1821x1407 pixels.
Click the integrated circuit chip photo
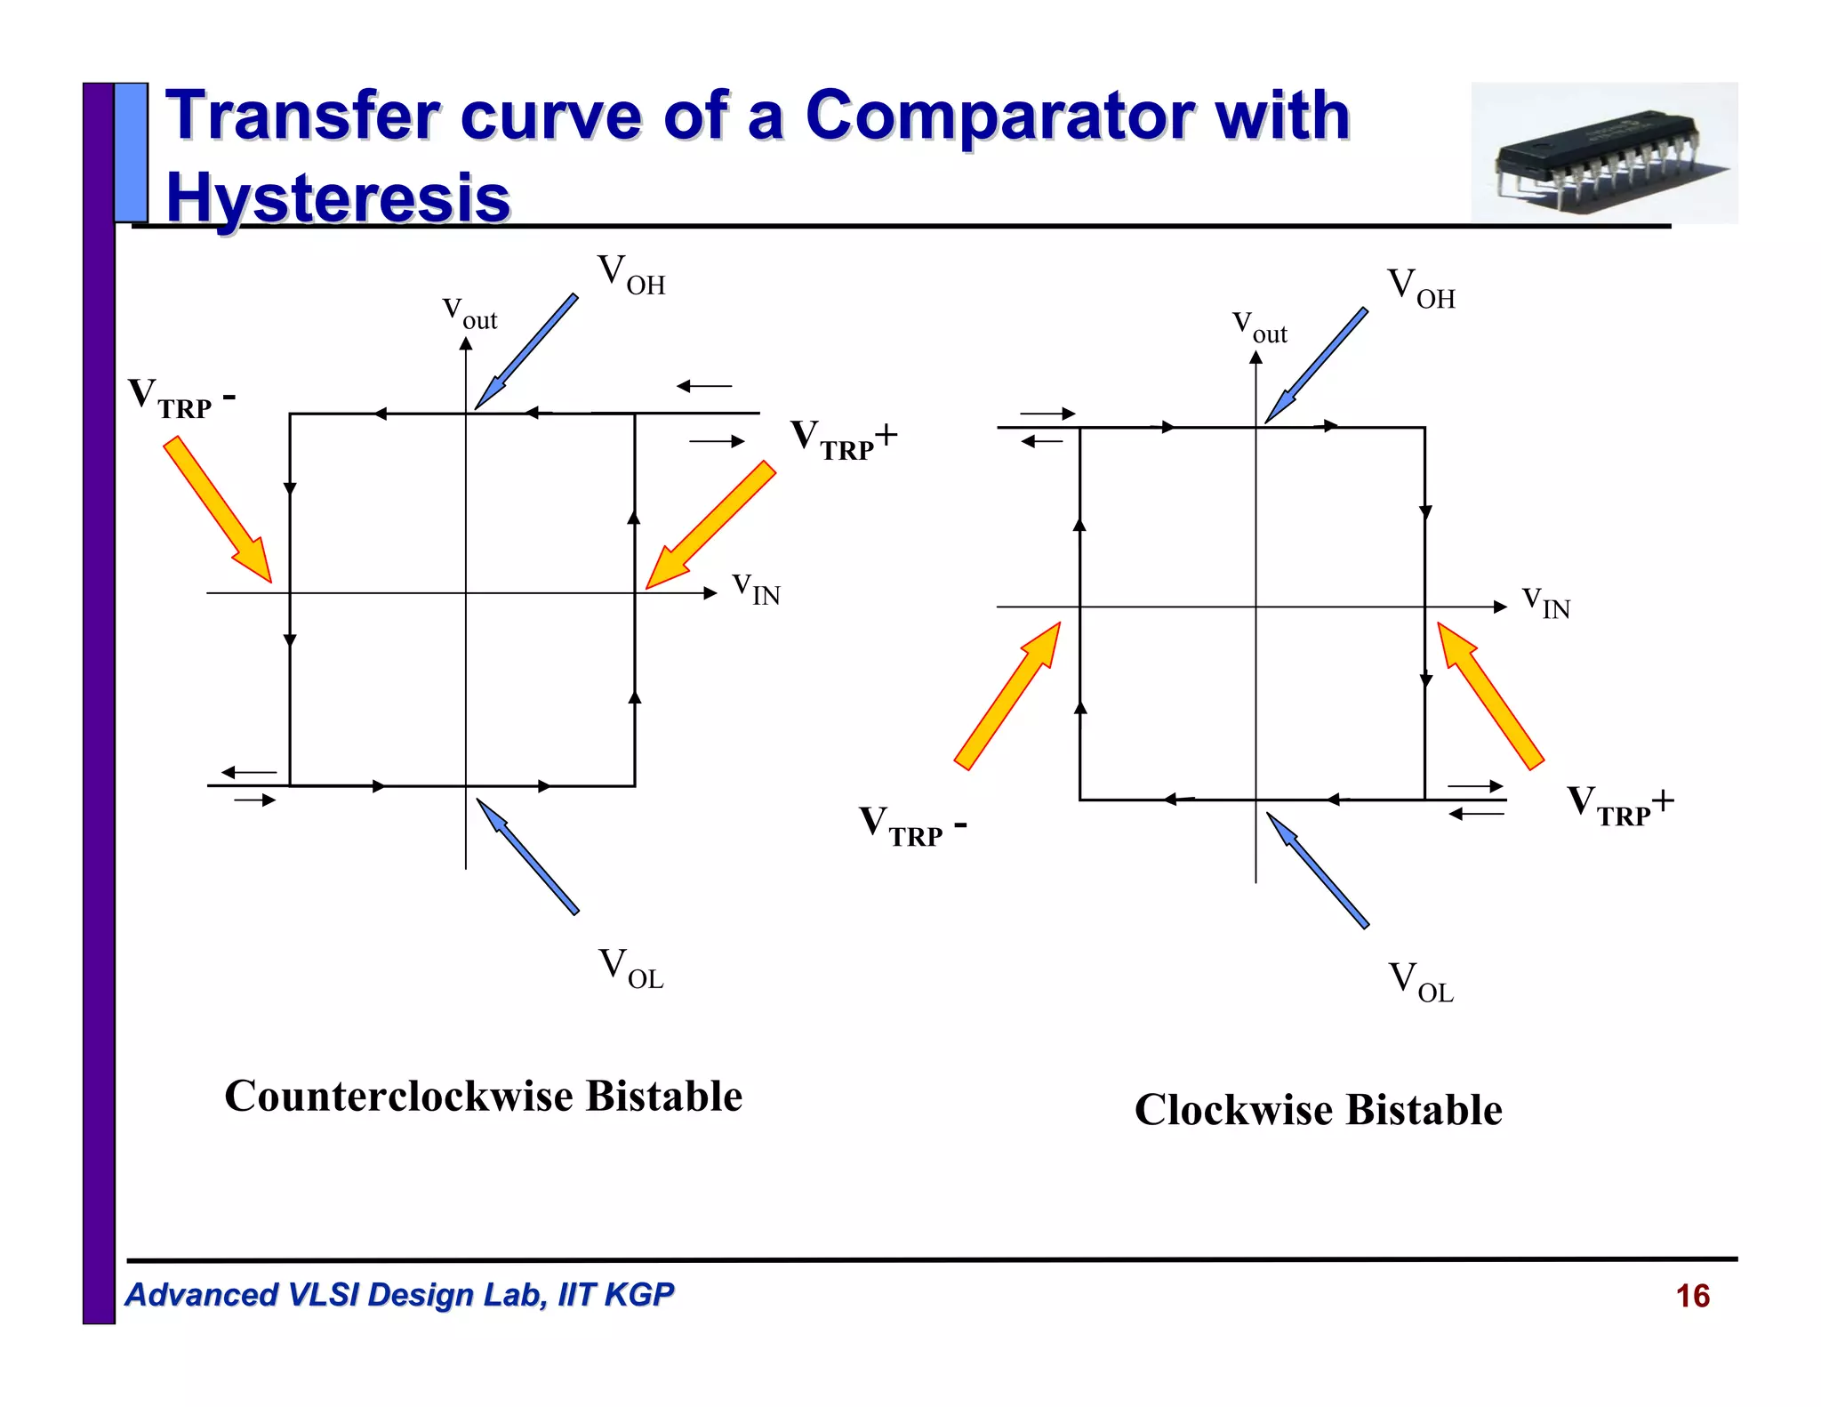click(1603, 153)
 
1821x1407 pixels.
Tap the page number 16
click(1692, 1296)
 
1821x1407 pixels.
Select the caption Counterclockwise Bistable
click(483, 1096)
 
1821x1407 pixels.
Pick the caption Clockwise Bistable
click(1318, 1110)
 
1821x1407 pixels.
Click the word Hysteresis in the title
click(338, 197)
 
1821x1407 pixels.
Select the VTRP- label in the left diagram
click(180, 397)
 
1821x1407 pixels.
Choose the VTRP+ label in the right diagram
click(1619, 804)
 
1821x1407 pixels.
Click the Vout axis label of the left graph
click(469, 314)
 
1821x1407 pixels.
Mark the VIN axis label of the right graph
click(1545, 602)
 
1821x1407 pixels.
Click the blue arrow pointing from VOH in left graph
click(525, 352)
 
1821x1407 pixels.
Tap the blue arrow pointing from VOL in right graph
click(1317, 870)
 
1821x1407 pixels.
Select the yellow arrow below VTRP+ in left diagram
click(710, 526)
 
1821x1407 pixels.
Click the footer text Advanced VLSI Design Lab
click(398, 1295)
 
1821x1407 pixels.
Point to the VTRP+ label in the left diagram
click(843, 439)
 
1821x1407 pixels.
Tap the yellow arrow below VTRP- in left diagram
click(218, 509)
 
